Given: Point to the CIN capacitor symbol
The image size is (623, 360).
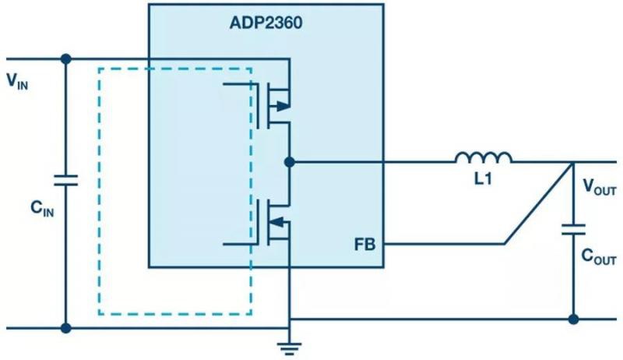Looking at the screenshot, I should click(66, 181).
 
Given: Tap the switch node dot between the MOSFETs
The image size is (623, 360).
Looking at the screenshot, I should click(290, 162).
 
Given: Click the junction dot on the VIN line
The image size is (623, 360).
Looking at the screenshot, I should click(66, 58).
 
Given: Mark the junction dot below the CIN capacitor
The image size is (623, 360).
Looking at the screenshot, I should click(66, 328).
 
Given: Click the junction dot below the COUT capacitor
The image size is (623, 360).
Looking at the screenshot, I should click(573, 319).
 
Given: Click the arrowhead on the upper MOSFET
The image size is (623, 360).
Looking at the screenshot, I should click(283, 105).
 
